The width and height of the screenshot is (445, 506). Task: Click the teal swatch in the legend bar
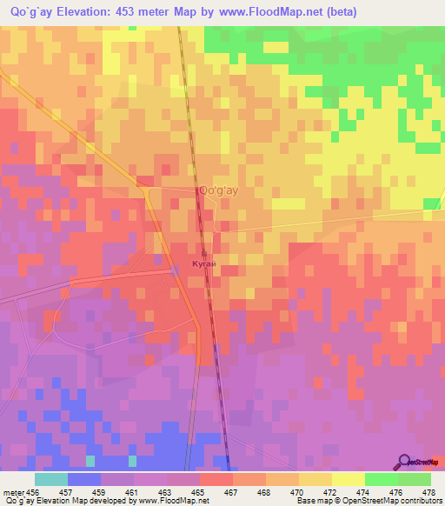[x=50, y=479]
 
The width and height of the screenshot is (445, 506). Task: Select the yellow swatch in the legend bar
[x=348, y=479]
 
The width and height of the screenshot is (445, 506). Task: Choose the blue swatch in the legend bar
[x=83, y=479]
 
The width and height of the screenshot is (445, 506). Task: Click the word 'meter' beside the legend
[x=12, y=491]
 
